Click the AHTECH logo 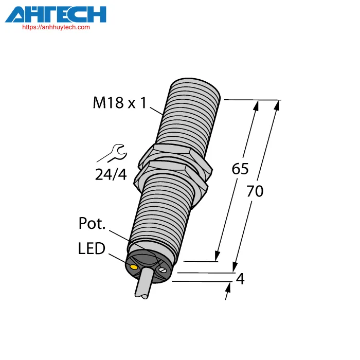click(56, 14)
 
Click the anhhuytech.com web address click(56, 27)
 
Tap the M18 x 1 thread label click(120, 102)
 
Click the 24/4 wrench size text click(111, 174)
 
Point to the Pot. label click(92, 223)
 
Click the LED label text click(92, 248)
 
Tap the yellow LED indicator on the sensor click(133, 266)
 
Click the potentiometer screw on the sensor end click(163, 270)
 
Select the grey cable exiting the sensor click(143, 283)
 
